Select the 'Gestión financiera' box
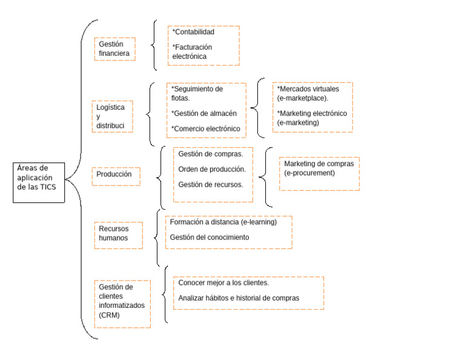[x=114, y=49]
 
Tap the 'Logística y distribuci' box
[x=111, y=116]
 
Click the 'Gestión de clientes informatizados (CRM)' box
[x=122, y=301]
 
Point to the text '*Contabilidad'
[x=194, y=32]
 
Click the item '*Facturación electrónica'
[x=193, y=52]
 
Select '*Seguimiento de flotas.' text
[x=197, y=93]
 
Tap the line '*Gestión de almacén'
[x=204, y=113]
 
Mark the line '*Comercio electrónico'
[x=205, y=128]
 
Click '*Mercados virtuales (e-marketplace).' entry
[x=309, y=93]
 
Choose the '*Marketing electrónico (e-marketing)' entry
[x=311, y=118]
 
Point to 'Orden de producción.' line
[x=212, y=169]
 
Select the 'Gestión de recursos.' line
[x=211, y=184]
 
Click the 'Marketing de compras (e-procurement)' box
[x=318, y=169]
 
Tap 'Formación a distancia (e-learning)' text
[x=223, y=222]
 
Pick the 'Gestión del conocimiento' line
[x=209, y=238]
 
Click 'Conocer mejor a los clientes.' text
[x=224, y=283]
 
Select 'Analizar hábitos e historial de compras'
[x=239, y=298]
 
